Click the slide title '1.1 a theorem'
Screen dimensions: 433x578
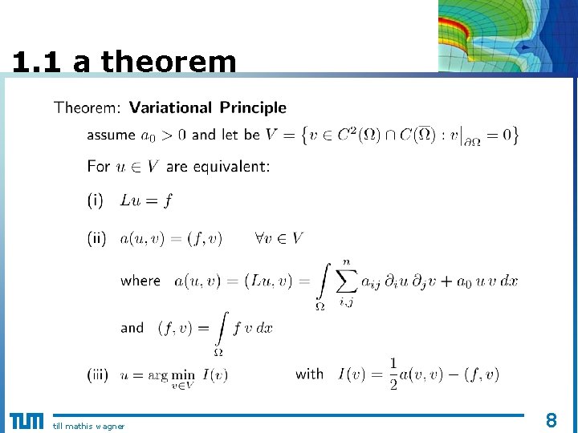click(x=124, y=62)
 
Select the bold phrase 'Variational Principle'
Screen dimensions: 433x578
click(x=208, y=107)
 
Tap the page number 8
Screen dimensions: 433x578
click(x=552, y=419)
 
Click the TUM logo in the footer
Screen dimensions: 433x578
click(x=26, y=421)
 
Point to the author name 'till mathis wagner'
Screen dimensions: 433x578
click(x=88, y=426)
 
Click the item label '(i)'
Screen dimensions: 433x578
click(x=96, y=200)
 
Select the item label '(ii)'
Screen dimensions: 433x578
click(x=97, y=238)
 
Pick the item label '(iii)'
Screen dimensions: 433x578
click(x=99, y=374)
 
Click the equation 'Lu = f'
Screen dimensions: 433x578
click(x=146, y=200)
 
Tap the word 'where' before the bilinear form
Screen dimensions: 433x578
click(x=140, y=281)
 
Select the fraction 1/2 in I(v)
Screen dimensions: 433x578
click(x=393, y=374)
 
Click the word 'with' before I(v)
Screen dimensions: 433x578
click(x=310, y=374)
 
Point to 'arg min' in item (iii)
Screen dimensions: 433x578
click(x=172, y=374)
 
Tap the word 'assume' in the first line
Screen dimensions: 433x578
click(x=111, y=135)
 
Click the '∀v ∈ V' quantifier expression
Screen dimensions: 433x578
click(x=279, y=238)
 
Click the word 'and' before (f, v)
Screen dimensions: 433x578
click(x=132, y=328)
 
